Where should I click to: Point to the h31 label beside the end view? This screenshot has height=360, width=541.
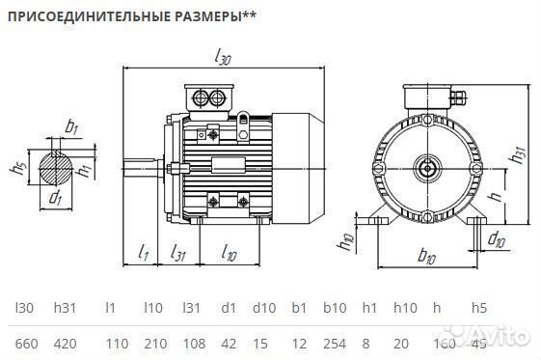[x=519, y=154]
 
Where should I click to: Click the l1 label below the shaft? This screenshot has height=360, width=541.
[x=143, y=253]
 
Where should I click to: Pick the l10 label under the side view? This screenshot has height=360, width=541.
[x=229, y=254]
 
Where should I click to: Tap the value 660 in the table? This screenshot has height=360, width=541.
[x=27, y=344]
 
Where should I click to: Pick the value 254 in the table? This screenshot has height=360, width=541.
[x=334, y=344]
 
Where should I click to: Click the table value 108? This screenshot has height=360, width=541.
[x=194, y=344]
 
